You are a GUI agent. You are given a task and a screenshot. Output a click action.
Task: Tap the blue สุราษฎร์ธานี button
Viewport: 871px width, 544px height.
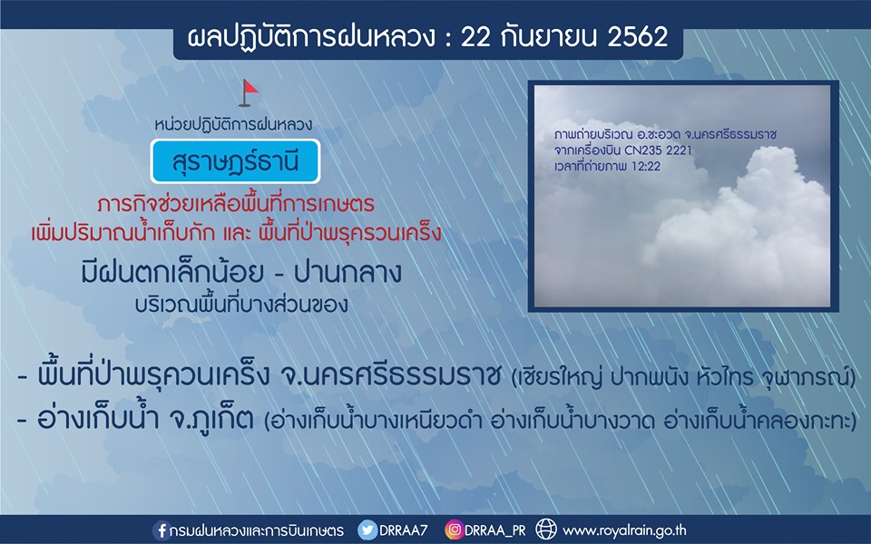[235, 161]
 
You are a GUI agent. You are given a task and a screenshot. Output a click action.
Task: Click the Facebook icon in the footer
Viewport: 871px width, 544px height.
[161, 530]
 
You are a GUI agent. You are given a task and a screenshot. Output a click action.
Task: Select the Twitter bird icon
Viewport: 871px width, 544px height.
[367, 530]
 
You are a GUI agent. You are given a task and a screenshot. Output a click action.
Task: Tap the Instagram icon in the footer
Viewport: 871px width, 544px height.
[454, 530]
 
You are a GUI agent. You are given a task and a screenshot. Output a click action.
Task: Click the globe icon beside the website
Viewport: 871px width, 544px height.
[545, 529]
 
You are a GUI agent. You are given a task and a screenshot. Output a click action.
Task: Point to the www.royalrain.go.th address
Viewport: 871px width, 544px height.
[624, 530]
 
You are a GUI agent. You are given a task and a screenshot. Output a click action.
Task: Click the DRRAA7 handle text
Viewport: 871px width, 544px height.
[403, 530]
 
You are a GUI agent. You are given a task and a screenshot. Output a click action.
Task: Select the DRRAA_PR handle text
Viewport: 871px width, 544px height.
[494, 530]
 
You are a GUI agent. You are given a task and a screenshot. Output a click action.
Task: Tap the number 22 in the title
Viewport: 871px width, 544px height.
[475, 37]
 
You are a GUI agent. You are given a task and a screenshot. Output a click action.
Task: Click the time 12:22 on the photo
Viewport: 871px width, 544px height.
[646, 166]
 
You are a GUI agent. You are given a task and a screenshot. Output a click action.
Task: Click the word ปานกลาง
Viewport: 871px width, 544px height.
[347, 273]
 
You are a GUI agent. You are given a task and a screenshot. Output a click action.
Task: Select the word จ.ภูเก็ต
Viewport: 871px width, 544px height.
[210, 419]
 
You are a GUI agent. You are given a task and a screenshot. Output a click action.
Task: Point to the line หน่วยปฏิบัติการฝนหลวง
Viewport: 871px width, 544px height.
[233, 124]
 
